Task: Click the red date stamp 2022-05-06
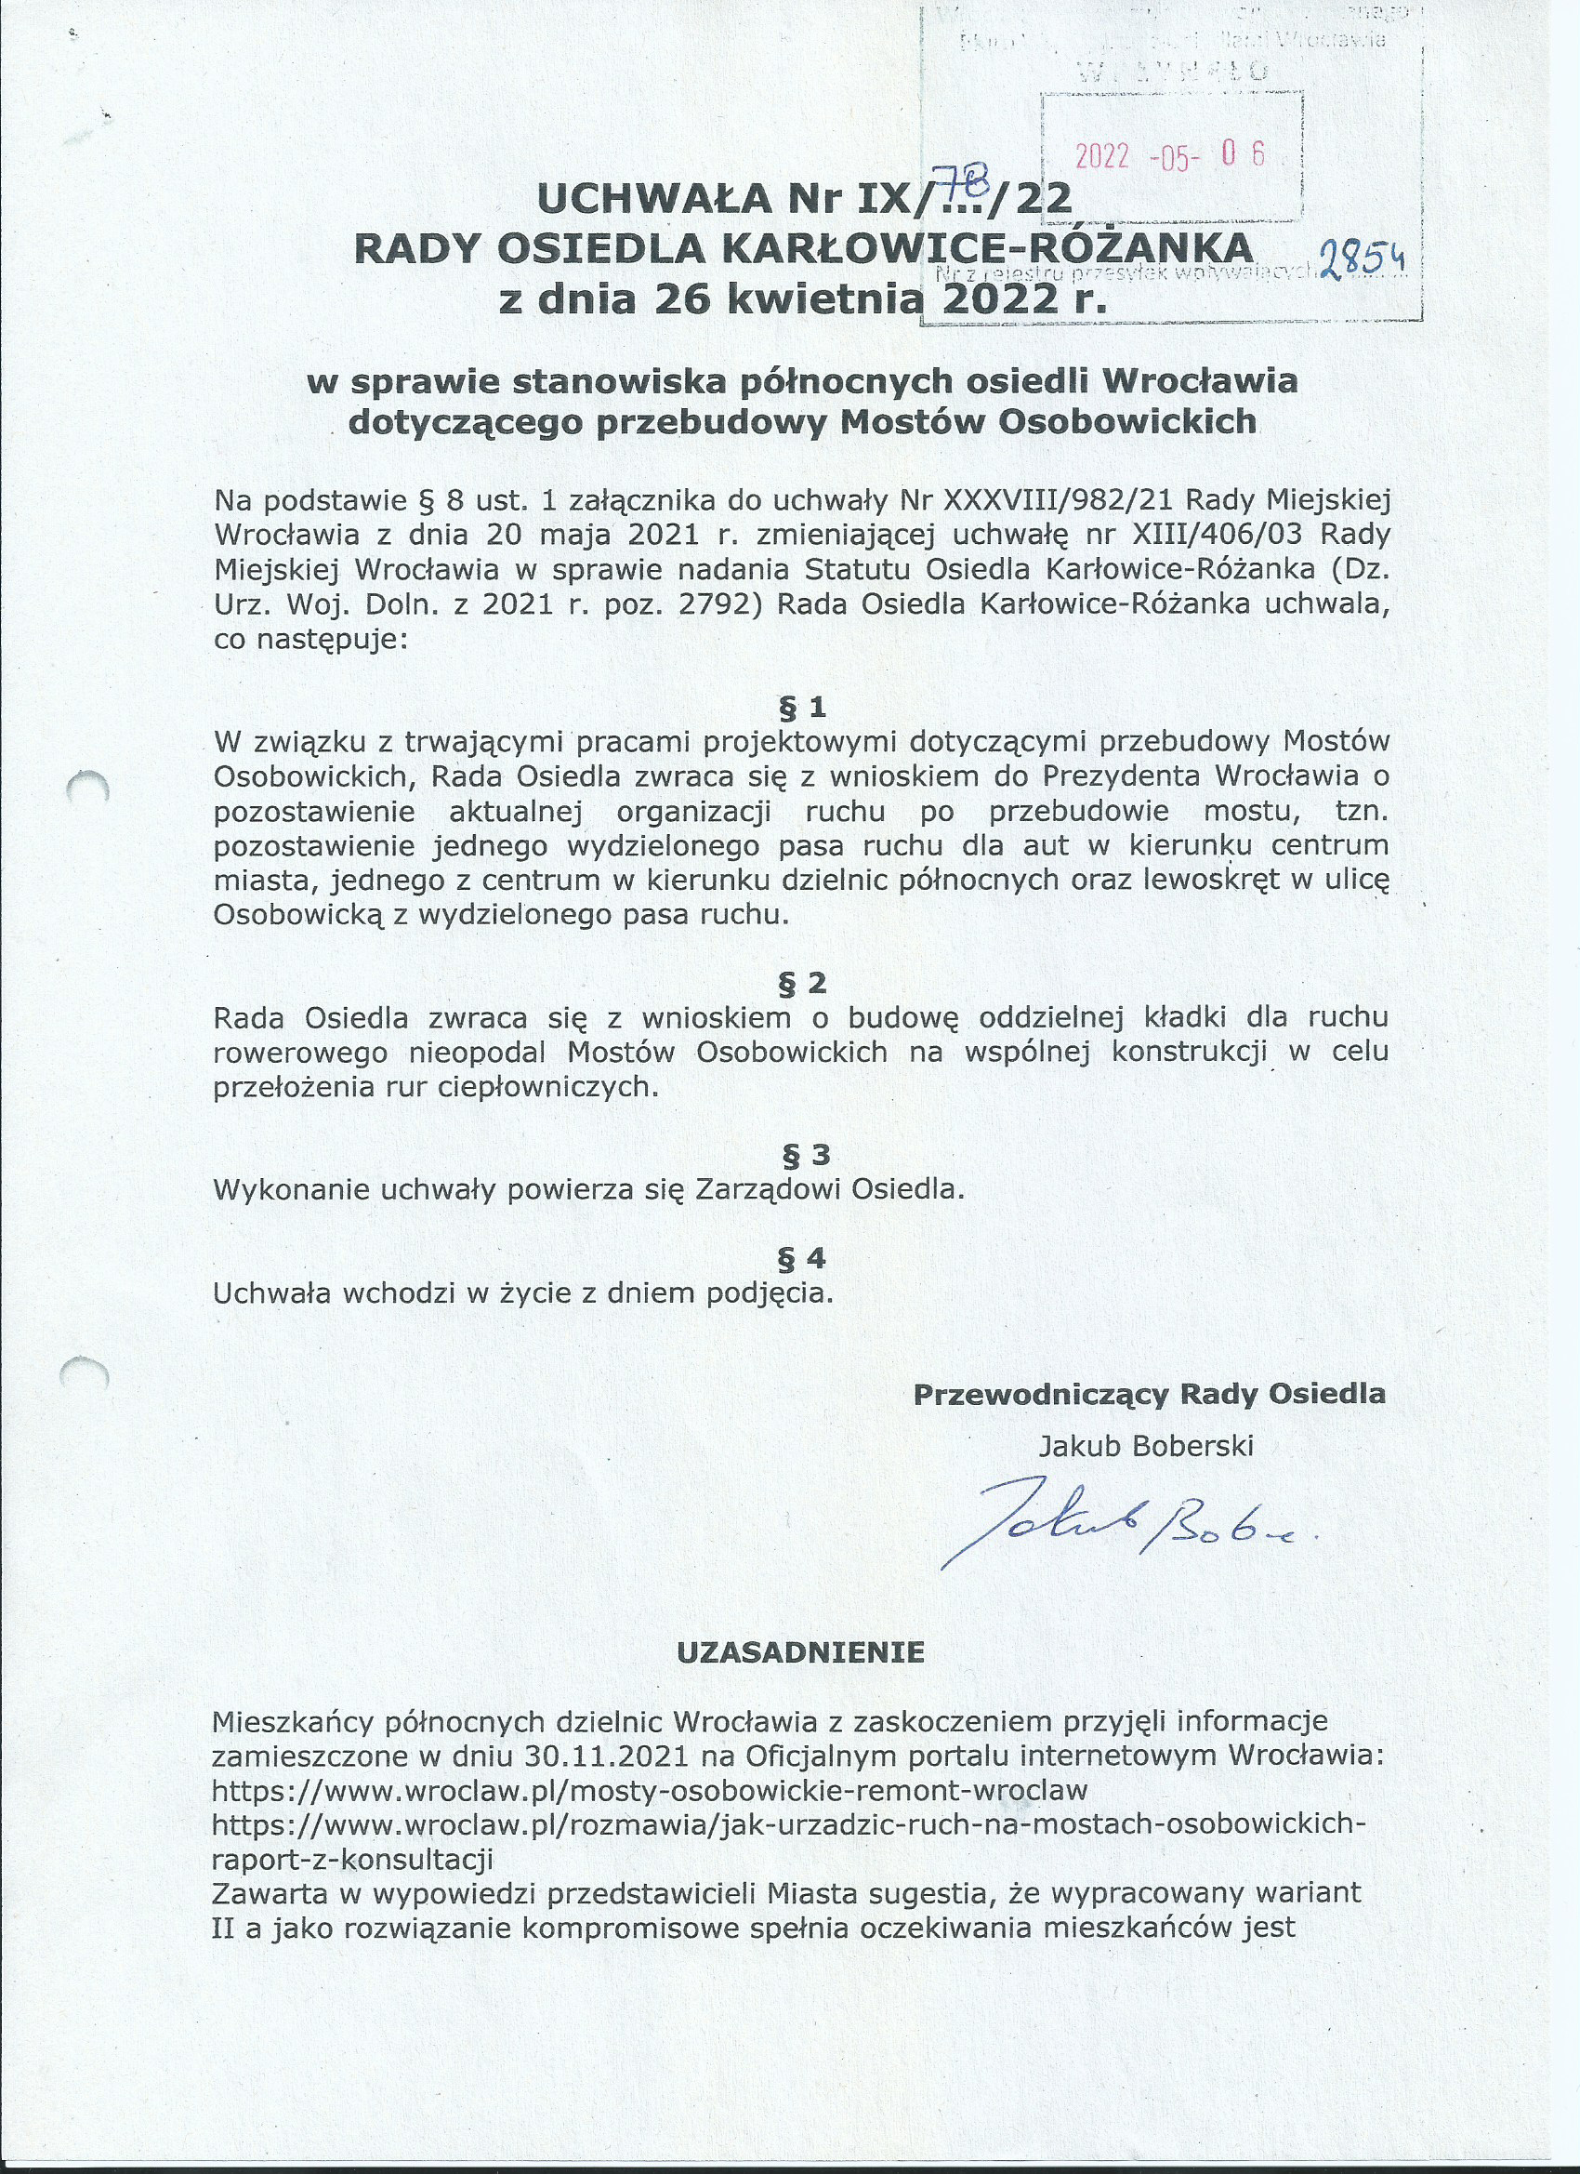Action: pos(1170,155)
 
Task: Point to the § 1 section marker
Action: pos(803,709)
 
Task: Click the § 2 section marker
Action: pos(803,983)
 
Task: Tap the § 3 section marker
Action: pos(806,1155)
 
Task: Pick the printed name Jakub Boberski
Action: pos(1146,1446)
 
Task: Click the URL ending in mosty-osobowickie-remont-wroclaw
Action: pos(650,1791)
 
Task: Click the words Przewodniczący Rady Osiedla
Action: pos(1149,1394)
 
